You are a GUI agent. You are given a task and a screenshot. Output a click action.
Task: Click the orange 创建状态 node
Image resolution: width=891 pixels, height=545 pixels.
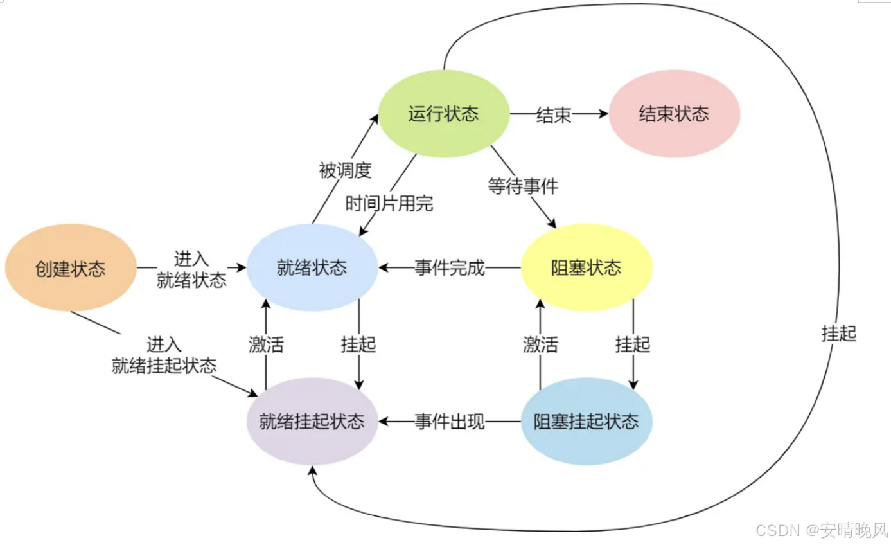71,268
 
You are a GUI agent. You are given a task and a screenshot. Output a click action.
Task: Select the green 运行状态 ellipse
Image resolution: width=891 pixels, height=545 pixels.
443,114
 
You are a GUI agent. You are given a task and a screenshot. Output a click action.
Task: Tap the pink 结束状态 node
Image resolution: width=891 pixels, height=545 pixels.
674,114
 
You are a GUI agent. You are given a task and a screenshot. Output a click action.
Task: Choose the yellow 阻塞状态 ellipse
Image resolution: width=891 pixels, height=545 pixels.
587,267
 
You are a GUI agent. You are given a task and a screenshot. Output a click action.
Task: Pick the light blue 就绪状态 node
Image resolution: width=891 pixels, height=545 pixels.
312,267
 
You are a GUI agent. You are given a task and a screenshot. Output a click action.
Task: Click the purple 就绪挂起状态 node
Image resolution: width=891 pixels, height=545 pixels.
312,422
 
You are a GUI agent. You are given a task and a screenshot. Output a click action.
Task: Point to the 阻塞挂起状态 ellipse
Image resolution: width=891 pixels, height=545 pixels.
587,422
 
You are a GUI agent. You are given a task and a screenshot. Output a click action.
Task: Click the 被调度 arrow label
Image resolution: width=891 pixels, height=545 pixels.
345,170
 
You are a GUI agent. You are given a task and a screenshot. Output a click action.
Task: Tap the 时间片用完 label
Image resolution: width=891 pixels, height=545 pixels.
389,204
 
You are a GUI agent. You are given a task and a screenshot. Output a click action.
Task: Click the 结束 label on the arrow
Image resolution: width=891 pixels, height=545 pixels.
553,115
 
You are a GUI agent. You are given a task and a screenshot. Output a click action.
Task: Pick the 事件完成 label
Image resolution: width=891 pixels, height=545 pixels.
450,268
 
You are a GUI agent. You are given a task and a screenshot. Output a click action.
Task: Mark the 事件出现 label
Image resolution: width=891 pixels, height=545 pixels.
450,422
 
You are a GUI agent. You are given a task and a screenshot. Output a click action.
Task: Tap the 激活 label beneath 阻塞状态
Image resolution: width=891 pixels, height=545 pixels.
540,345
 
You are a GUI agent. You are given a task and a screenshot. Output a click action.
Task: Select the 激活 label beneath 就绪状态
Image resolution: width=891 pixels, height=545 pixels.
266,345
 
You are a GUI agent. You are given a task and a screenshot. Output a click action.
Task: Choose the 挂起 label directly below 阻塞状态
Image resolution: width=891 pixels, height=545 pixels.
633,345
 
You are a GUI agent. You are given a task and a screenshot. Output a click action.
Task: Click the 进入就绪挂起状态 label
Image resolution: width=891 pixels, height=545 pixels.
164,355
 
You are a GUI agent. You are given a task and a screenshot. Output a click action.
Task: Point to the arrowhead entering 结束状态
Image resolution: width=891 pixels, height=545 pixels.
603,114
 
